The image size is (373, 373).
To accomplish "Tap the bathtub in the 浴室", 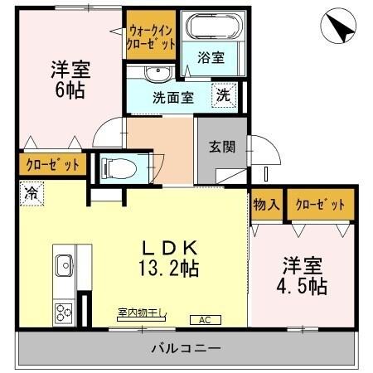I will (x=213, y=27).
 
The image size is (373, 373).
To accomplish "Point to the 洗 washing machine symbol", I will (x=224, y=94).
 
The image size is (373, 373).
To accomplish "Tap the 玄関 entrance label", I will (x=221, y=148).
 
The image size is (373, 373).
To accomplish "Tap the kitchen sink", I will (x=64, y=265).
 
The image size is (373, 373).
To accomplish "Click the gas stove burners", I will (x=64, y=312).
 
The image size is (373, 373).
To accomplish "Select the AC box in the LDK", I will (x=204, y=319).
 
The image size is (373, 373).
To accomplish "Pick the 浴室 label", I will (x=211, y=59).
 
